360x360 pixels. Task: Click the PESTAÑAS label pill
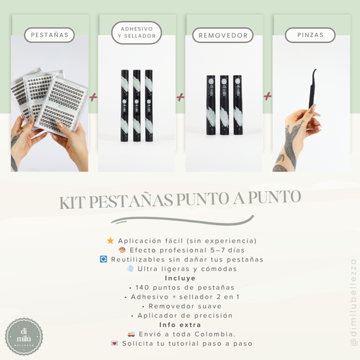click(49, 34)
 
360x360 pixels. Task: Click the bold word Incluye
click(180, 278)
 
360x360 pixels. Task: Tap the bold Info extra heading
click(180, 324)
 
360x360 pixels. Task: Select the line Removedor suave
click(180, 305)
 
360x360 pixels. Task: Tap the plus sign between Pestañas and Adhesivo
click(93, 98)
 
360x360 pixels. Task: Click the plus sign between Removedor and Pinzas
click(267, 97)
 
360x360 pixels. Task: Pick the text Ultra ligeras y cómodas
click(185, 268)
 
